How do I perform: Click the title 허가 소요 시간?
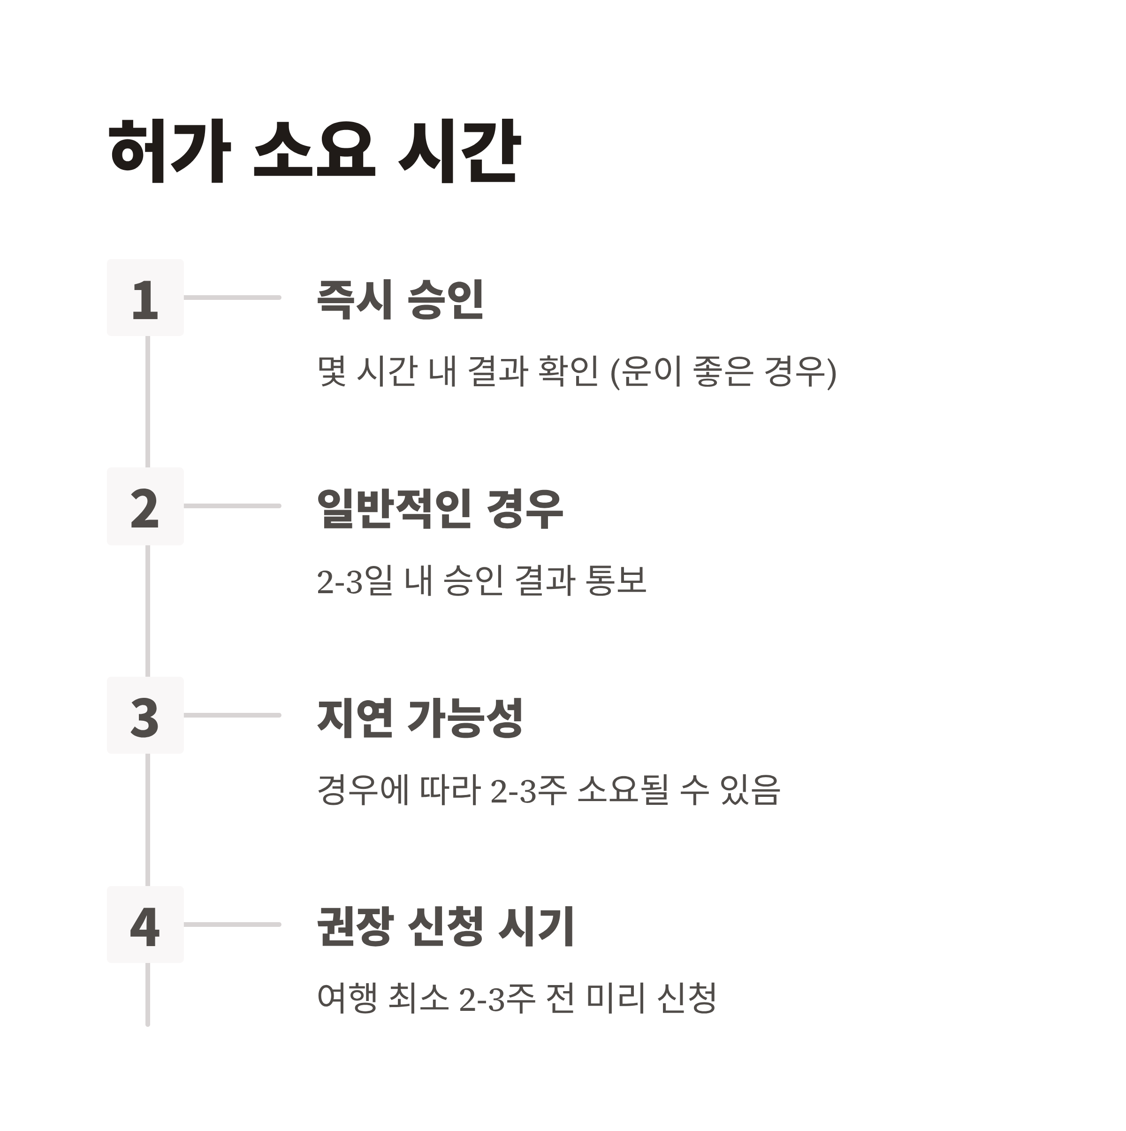(314, 151)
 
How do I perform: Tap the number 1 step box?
(145, 298)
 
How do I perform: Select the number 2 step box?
(145, 507)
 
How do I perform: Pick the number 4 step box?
(145, 925)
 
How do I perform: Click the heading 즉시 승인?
(400, 299)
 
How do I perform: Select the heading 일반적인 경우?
(440, 508)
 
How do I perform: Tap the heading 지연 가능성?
(419, 717)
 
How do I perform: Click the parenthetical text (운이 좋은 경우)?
(723, 372)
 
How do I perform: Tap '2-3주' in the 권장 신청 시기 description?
(497, 999)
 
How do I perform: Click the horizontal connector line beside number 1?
(232, 298)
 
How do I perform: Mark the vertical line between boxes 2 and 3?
(147, 611)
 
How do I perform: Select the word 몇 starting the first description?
(332, 372)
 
